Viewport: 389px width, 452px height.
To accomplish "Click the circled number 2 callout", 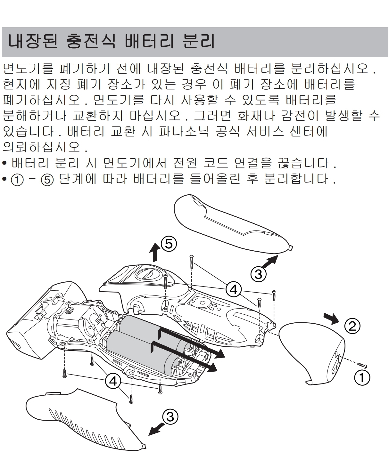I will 352,326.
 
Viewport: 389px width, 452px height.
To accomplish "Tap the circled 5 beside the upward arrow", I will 169,244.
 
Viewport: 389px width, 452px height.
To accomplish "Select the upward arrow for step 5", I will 155,252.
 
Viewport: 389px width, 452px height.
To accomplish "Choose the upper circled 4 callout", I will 233,290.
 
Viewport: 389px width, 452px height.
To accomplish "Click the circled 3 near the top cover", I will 258,274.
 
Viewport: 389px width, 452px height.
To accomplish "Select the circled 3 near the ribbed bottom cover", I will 170,416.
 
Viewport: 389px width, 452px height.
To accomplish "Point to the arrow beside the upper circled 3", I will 269,262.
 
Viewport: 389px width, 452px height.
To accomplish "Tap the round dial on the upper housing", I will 148,274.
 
